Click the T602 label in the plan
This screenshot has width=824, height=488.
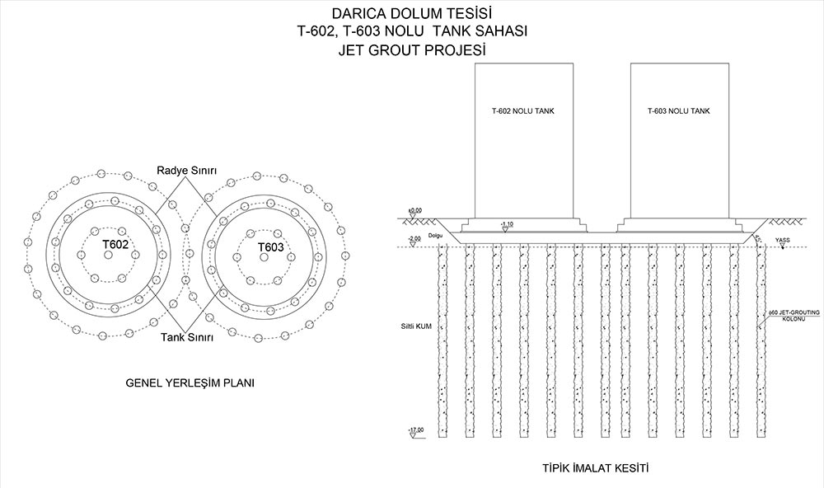tap(115, 246)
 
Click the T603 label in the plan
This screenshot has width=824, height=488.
tap(270, 247)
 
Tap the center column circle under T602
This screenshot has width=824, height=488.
tap(108, 256)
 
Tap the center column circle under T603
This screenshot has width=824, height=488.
tap(264, 257)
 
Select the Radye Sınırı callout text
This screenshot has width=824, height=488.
tap(187, 170)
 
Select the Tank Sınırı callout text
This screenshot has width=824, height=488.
tap(187, 338)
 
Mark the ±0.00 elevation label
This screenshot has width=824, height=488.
tap(414, 211)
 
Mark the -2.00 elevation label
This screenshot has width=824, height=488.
tap(414, 238)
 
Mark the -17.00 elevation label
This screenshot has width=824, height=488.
tap(415, 429)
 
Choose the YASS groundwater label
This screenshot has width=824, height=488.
tap(783, 241)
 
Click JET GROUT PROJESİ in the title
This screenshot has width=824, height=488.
tap(412, 49)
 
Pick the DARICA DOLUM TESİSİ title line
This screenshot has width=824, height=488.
tap(412, 13)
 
